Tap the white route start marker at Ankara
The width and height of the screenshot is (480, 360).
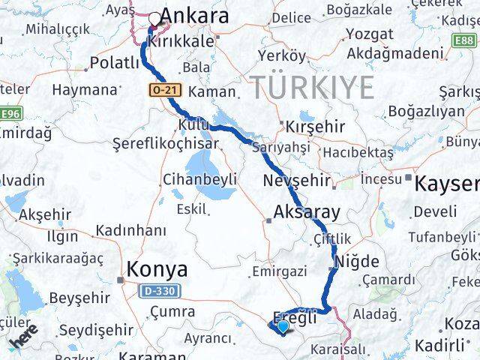155,19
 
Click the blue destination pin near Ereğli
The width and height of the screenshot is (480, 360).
282,325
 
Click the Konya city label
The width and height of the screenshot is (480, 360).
157,268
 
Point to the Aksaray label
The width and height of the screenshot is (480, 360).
307,211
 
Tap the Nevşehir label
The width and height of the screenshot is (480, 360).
297,181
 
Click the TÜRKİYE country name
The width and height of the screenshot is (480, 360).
312,88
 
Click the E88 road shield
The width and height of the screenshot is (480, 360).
464,38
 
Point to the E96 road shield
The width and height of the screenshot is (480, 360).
10,113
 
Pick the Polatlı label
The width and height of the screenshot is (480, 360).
114,62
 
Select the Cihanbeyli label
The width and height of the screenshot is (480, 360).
199,179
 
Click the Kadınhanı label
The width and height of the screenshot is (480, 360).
131,229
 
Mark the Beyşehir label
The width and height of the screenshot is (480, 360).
79,297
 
